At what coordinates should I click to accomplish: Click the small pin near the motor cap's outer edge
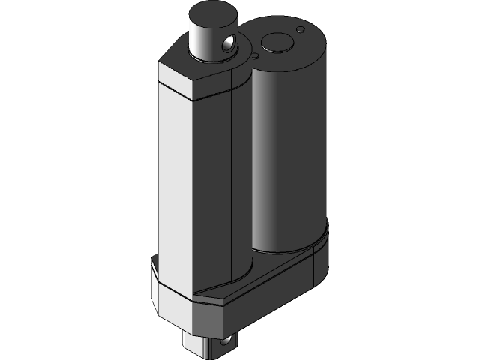301,30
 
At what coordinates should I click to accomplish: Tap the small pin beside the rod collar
255,55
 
